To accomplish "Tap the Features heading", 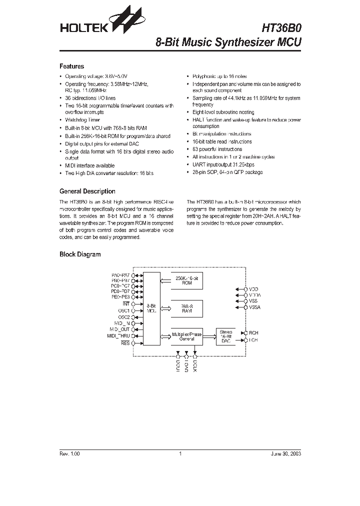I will pyautogui.click(x=71, y=66).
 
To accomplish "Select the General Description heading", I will pyautogui.click(x=87, y=191).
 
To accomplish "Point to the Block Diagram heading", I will pyautogui.click(x=80, y=254).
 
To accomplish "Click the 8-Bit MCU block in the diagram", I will pyautogui.click(x=150, y=307).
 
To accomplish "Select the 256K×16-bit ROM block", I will pyautogui.click(x=186, y=280).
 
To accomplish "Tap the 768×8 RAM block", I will pyautogui.click(x=186, y=308).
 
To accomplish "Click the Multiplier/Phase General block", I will pyautogui.click(x=186, y=336).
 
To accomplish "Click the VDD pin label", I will pyautogui.click(x=253, y=289).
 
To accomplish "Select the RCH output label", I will pyautogui.click(x=253, y=332).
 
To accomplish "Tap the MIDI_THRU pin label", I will pyautogui.click(x=118, y=335).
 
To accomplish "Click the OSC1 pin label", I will pyautogui.click(x=123, y=310).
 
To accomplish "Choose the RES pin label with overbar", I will pyautogui.click(x=125, y=343).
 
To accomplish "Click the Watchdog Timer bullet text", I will pyautogui.click(x=82, y=120).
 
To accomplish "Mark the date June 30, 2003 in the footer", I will pyautogui.click(x=286, y=453).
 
